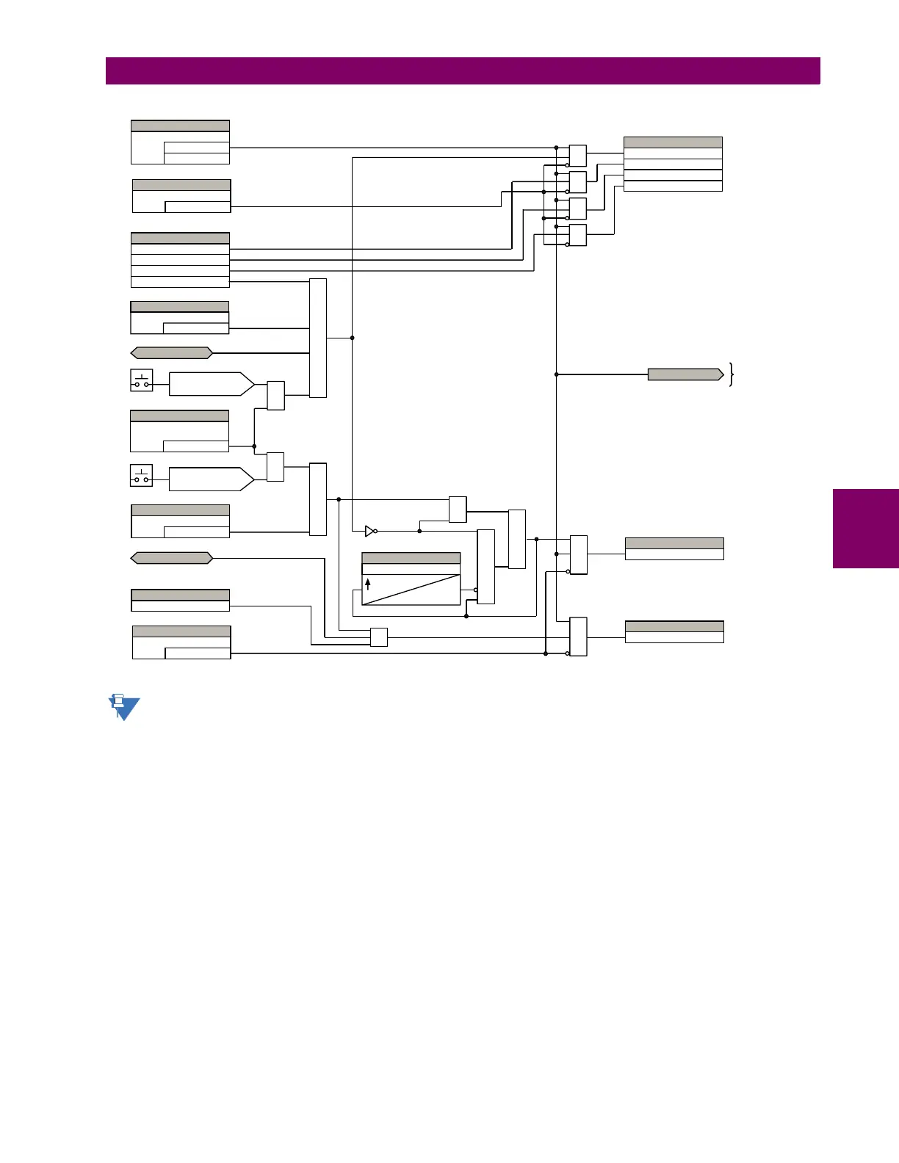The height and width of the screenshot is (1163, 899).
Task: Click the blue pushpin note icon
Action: coord(123,707)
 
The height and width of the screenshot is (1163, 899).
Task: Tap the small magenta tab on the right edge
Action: coord(865,529)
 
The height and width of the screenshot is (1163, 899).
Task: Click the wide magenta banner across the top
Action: coord(463,71)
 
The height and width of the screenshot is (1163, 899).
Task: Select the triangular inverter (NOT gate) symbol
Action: coord(370,531)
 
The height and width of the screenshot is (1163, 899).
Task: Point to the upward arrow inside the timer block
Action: coord(368,584)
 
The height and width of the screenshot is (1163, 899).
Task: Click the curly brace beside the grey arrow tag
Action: coord(732,374)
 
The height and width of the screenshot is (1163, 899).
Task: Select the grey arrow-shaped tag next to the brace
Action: coord(685,374)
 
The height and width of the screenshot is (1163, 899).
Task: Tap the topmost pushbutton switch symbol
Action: coord(142,380)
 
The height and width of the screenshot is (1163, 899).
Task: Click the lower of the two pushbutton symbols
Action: coord(142,476)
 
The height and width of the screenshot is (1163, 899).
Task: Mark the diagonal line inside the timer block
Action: coord(411,590)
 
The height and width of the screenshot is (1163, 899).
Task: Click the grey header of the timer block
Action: coord(411,558)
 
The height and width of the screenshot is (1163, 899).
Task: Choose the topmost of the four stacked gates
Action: coord(578,156)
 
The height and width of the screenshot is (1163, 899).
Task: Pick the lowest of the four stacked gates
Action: coord(578,235)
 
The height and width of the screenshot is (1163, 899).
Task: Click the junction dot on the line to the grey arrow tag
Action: coord(557,374)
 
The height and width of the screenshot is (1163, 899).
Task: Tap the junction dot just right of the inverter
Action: coord(419,531)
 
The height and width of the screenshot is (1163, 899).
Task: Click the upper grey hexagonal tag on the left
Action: coord(171,353)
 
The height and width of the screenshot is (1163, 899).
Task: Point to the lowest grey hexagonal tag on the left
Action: coord(171,558)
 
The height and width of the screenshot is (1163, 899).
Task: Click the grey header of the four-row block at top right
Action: coord(673,142)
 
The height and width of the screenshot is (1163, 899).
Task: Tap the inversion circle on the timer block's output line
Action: coord(475,590)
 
